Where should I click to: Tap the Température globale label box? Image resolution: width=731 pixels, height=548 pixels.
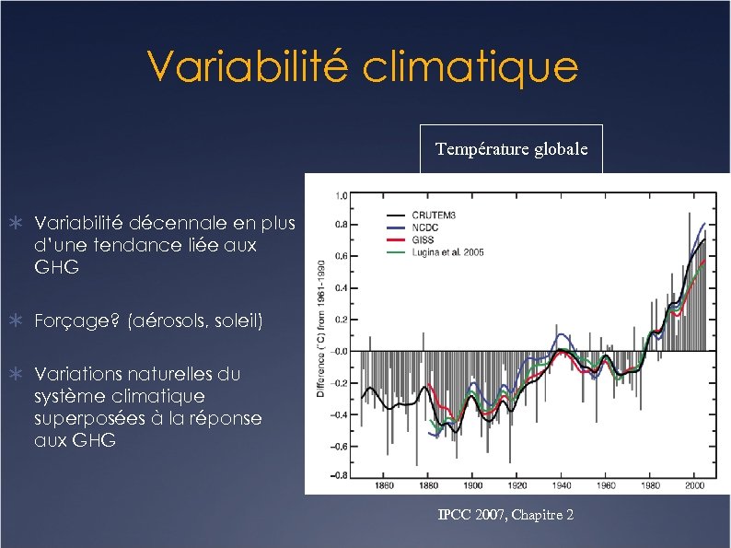511,148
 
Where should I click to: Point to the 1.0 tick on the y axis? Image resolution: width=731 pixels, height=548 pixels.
341,195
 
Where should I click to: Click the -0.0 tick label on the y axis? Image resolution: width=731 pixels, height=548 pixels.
339,351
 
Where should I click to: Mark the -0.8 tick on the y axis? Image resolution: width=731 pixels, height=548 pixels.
339,475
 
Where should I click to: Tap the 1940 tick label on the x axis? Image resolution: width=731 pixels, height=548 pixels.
562,485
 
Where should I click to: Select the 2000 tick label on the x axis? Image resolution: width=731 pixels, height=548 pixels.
694,485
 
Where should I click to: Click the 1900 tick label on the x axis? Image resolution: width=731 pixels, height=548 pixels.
472,485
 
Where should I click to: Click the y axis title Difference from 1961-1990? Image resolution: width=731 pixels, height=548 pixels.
321,328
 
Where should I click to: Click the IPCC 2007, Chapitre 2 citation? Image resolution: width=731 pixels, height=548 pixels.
506,515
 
